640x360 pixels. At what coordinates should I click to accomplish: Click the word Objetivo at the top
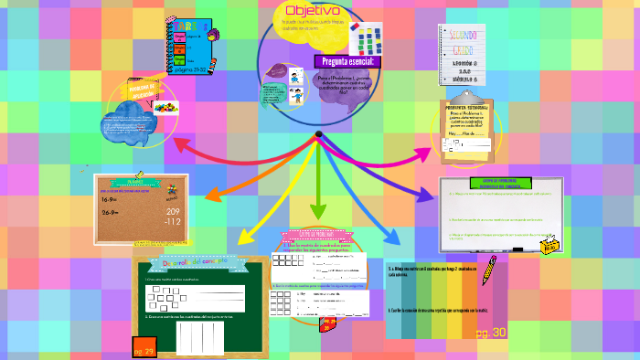(313, 10)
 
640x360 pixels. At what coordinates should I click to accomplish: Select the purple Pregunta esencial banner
(348, 61)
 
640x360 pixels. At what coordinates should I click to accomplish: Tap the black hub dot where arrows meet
(318, 134)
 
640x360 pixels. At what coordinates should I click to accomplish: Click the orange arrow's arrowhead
(211, 195)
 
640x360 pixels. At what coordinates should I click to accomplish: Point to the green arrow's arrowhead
(317, 214)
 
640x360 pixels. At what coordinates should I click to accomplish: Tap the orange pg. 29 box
(143, 350)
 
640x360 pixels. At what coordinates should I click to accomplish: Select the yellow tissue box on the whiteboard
(550, 245)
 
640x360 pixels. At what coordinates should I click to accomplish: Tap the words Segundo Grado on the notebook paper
(467, 40)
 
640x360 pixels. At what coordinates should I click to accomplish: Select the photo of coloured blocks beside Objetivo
(368, 37)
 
